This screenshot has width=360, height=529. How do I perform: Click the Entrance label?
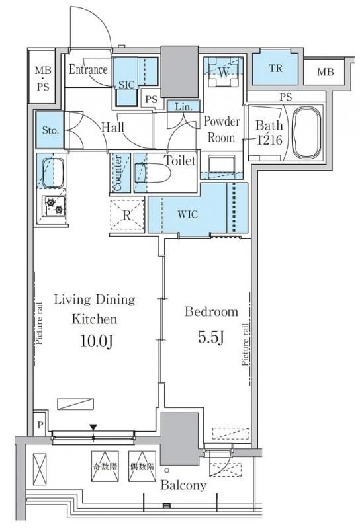(x=88, y=70)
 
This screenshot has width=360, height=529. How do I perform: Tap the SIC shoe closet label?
(x=126, y=85)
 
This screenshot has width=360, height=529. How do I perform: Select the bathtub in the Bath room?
(x=306, y=133)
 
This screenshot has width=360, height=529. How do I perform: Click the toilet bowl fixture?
(x=153, y=173)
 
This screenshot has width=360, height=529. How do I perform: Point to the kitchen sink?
(x=53, y=173)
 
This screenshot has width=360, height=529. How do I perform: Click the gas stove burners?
(x=54, y=206)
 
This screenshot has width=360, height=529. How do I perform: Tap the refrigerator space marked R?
(x=127, y=215)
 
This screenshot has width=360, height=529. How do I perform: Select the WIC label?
(x=187, y=214)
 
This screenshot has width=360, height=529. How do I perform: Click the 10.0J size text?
(x=96, y=342)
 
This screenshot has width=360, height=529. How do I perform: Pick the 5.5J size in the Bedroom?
(x=210, y=337)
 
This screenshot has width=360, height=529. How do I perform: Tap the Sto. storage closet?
(x=50, y=130)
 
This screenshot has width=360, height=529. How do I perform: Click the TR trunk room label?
(x=276, y=69)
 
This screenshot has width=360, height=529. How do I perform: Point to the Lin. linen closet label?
(x=183, y=107)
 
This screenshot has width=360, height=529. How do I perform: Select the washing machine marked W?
(x=224, y=72)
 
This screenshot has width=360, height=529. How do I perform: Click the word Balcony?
(x=183, y=485)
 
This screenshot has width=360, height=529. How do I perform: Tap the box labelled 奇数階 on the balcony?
(x=105, y=466)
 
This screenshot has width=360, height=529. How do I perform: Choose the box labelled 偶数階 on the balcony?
(x=142, y=466)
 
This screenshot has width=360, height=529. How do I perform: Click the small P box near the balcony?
(x=40, y=425)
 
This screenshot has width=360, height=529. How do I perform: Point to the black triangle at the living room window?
(x=93, y=427)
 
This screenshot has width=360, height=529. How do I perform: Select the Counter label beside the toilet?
(x=118, y=173)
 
